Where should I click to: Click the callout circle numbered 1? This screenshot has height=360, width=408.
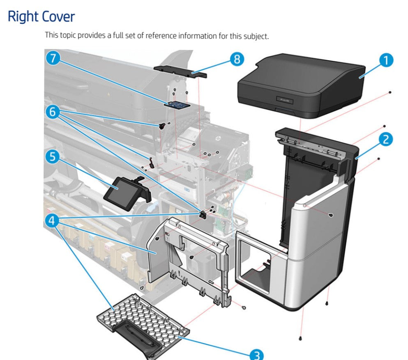(386, 61)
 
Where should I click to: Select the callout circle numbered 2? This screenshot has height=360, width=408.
(385, 139)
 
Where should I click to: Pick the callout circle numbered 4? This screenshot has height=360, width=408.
(52, 221)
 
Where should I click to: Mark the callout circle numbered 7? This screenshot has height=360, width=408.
(53, 58)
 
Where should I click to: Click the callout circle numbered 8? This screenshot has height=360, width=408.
(236, 59)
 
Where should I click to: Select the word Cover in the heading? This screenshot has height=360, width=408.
(59, 17)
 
